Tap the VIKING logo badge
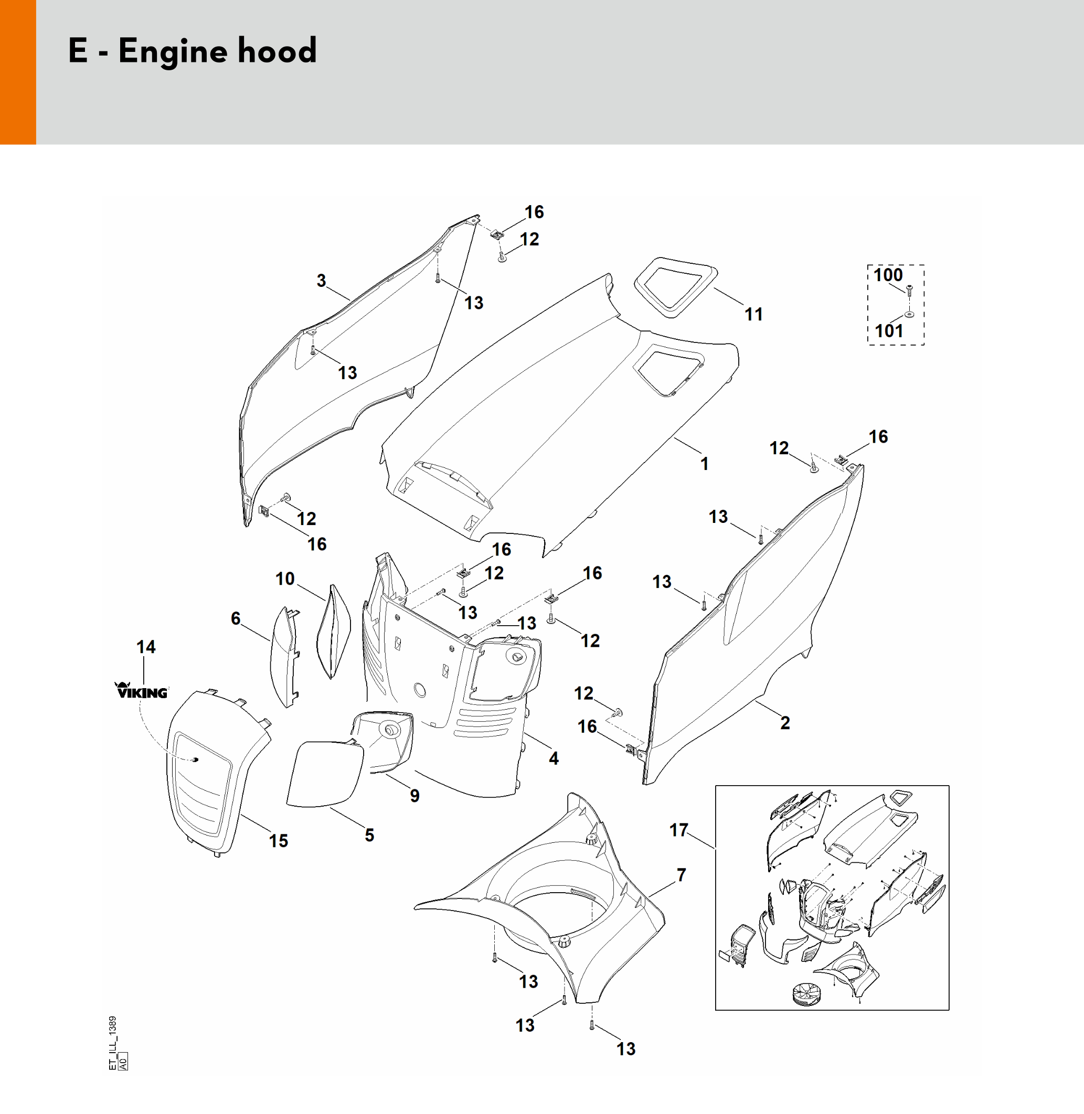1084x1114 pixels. pos(142,691)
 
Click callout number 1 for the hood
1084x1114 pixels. pos(704,464)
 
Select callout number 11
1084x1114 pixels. pos(753,314)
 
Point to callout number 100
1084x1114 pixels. pos(888,275)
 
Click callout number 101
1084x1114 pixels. pos(888,331)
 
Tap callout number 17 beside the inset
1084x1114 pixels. pos(678,830)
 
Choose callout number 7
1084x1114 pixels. pos(681,875)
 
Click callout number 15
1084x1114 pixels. pos(279,841)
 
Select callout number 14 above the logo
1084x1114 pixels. pos(146,647)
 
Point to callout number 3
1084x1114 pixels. pos(321,281)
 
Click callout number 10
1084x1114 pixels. pos(285,579)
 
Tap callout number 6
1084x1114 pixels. pos(235,618)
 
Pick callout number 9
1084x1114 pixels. pos(415,796)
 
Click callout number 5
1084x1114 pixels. pos(369,835)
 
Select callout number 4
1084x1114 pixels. pos(554,758)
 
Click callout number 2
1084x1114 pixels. pos(784,723)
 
